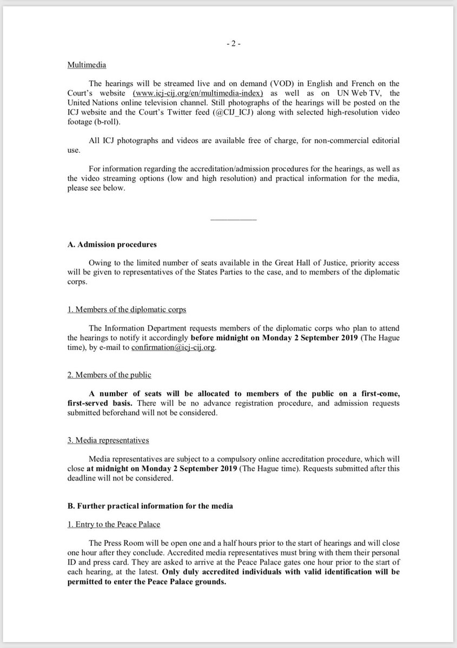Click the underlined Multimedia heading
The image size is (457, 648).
(x=87, y=65)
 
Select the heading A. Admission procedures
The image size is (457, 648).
(x=112, y=245)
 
